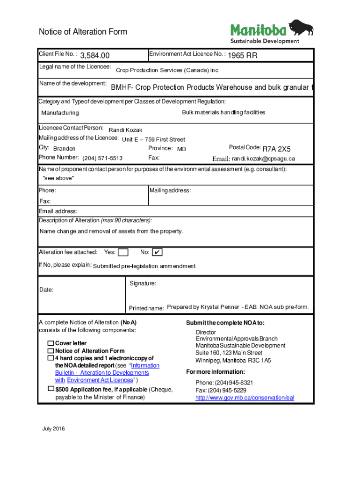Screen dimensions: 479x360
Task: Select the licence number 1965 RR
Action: pos(242,56)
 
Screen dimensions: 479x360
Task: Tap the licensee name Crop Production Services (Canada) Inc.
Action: pos(167,70)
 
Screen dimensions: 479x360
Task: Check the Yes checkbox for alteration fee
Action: pos(123,253)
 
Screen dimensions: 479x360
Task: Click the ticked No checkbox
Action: pos(157,253)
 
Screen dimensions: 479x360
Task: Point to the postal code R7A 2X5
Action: pos(276,149)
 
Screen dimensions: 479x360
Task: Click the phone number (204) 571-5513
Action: pos(102,158)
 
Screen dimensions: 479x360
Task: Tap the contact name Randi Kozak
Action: pos(125,130)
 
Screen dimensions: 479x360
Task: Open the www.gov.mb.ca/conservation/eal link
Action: pos(245,398)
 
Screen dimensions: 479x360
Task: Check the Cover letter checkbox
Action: pos(50,343)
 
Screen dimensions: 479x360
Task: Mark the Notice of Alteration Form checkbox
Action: pos(50,351)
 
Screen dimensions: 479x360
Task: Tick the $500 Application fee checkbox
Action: pos(50,389)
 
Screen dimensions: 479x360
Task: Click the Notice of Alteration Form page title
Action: pos(83,32)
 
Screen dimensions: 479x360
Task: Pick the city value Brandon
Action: pos(64,149)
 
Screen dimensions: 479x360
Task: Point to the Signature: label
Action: pos(142,283)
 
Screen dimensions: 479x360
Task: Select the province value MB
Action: pos(181,149)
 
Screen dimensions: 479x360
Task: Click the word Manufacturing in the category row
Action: pos(60,113)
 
